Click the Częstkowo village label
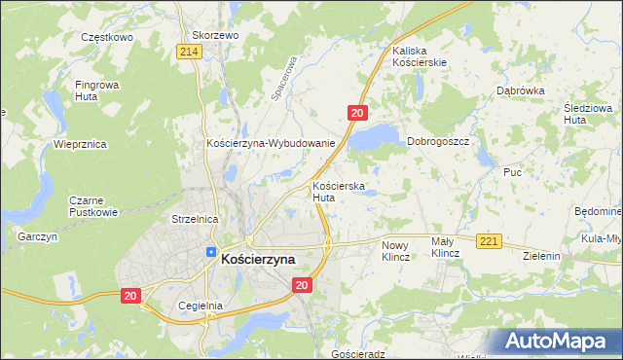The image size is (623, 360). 106,36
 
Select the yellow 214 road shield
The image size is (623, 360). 190,52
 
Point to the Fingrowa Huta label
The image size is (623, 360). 96,90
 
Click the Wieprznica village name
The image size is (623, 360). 80,144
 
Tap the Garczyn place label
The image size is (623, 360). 38,236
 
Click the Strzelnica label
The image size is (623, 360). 194,220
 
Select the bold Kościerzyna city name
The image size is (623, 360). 258,259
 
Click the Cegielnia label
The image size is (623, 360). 202,305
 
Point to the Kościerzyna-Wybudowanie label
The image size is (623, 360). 271,143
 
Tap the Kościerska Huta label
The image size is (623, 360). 338,191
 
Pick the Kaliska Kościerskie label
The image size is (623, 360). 420,55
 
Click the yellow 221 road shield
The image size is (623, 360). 489,241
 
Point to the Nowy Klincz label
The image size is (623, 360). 396,251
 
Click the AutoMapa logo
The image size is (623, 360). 558,341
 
